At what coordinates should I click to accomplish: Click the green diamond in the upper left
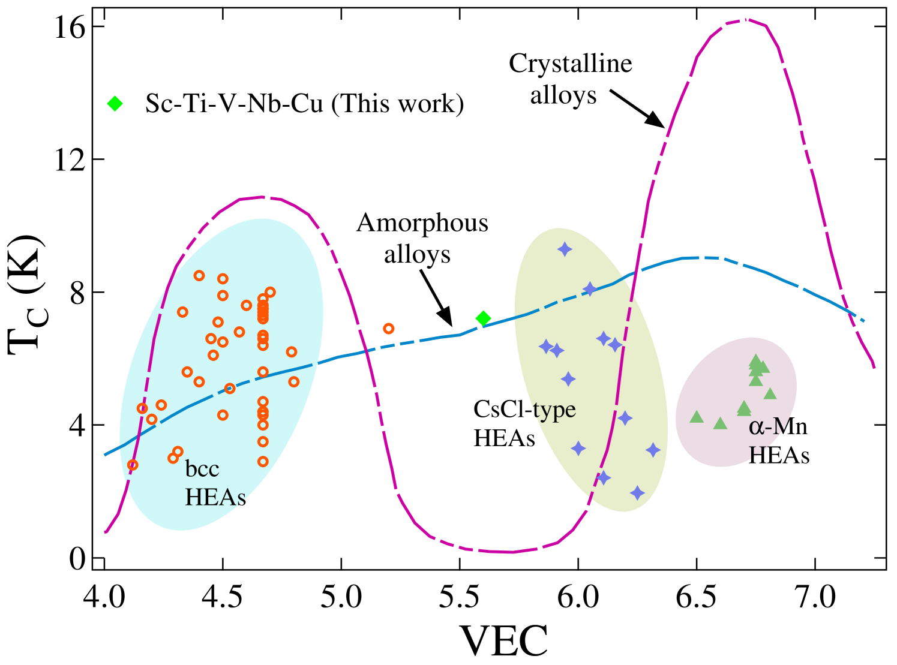coord(115,104)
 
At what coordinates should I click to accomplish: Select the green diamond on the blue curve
coord(483,318)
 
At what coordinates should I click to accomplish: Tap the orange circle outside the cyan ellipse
coord(389,329)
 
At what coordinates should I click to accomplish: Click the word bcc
coord(202,468)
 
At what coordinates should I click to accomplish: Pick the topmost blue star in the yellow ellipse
coord(565,249)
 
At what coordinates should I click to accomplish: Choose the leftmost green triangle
coord(697,417)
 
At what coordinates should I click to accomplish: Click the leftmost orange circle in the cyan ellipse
coord(133,465)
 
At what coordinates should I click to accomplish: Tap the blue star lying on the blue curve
coord(590,289)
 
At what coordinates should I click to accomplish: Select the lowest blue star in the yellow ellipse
coord(637,493)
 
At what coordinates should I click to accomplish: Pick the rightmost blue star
coord(653,450)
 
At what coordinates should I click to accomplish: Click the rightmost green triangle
coord(770,394)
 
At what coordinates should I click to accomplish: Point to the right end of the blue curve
coord(863,321)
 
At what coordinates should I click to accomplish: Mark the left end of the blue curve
coord(105,455)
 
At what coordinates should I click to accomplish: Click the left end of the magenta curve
coord(106,532)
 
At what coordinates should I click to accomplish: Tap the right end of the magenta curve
coord(874,367)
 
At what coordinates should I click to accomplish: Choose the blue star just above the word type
coord(568,379)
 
